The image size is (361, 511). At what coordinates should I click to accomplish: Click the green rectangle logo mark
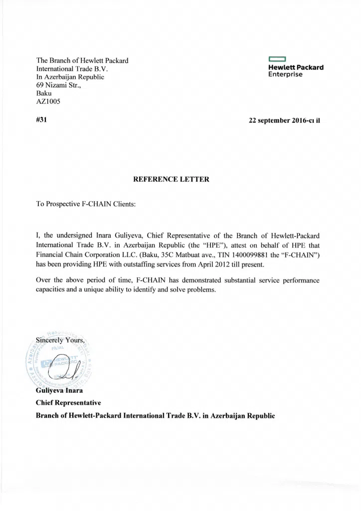coord(277,59)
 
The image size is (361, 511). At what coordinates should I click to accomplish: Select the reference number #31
coord(41,120)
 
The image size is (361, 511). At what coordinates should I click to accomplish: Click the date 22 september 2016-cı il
coord(284,120)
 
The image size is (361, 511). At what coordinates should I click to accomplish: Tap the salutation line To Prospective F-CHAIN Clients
coord(86,205)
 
